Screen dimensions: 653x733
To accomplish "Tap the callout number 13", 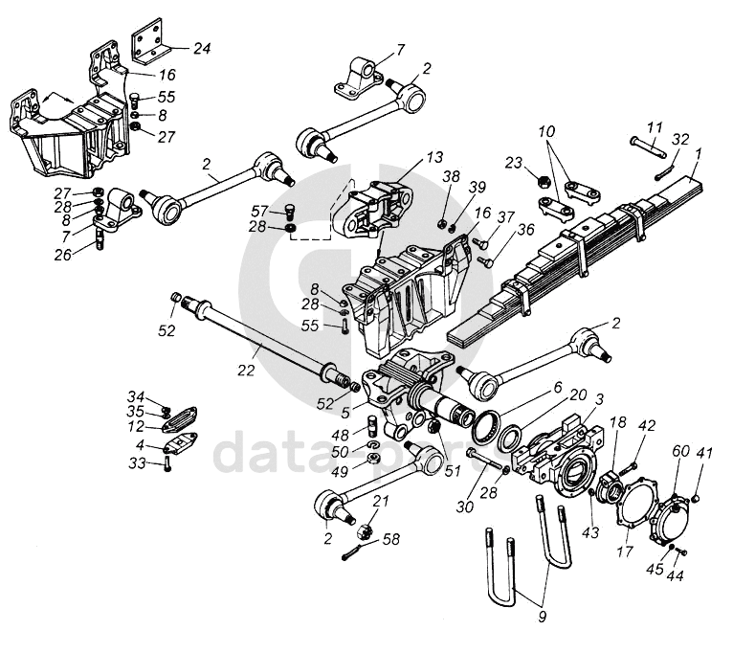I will pos(434,157).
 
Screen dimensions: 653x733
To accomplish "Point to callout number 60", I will pos(680,451).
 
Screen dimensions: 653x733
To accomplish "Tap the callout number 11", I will pos(655,127).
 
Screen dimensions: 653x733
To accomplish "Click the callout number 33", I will pos(137,463).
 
